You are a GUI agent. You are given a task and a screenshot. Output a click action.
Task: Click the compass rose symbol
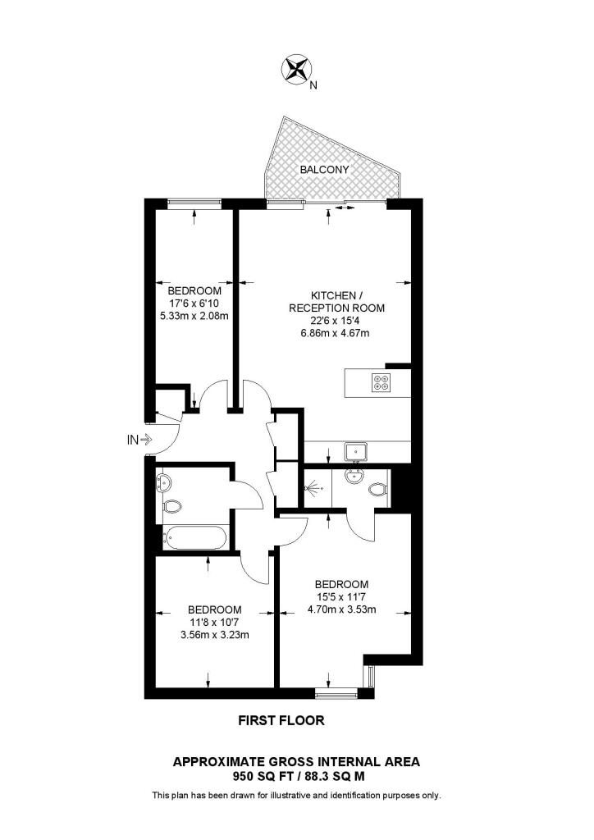point(296,69)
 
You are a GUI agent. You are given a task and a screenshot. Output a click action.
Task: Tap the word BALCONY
point(324,170)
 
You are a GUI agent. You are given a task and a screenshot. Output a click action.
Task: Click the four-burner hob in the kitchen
point(382,381)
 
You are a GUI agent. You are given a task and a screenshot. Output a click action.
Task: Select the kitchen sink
point(356,450)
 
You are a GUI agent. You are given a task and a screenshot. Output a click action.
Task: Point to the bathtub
point(194,537)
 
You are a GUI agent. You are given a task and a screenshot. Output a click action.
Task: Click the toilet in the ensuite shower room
point(378,490)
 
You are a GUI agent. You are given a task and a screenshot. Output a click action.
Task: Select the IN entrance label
point(132,440)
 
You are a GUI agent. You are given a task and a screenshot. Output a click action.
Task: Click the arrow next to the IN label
point(147,440)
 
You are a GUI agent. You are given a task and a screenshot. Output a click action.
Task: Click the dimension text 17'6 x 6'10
point(194,304)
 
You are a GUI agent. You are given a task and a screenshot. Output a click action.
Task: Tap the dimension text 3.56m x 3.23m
point(215,634)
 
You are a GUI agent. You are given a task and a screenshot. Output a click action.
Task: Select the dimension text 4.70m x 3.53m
point(341,609)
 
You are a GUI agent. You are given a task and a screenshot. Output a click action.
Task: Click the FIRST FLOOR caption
point(281,721)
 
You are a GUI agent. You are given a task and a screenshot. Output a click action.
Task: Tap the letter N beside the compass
point(313,83)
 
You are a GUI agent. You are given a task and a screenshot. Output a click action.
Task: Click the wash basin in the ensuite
point(357,476)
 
